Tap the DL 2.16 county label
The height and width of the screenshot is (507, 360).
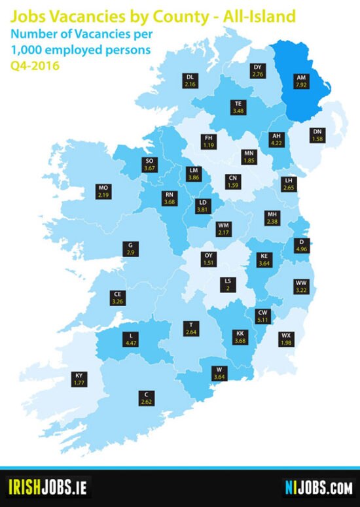190,81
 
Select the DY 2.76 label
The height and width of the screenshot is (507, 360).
257,71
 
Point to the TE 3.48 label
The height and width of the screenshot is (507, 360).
238,107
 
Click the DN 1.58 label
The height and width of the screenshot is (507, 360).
318,134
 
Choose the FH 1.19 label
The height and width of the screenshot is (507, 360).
209,141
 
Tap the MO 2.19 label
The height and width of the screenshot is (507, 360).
103,191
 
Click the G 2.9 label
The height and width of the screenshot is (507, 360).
131,249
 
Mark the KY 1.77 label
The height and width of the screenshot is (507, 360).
79,379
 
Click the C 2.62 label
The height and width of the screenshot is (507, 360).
146,398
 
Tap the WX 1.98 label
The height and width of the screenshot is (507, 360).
285,338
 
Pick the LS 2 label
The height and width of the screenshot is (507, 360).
227,284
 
